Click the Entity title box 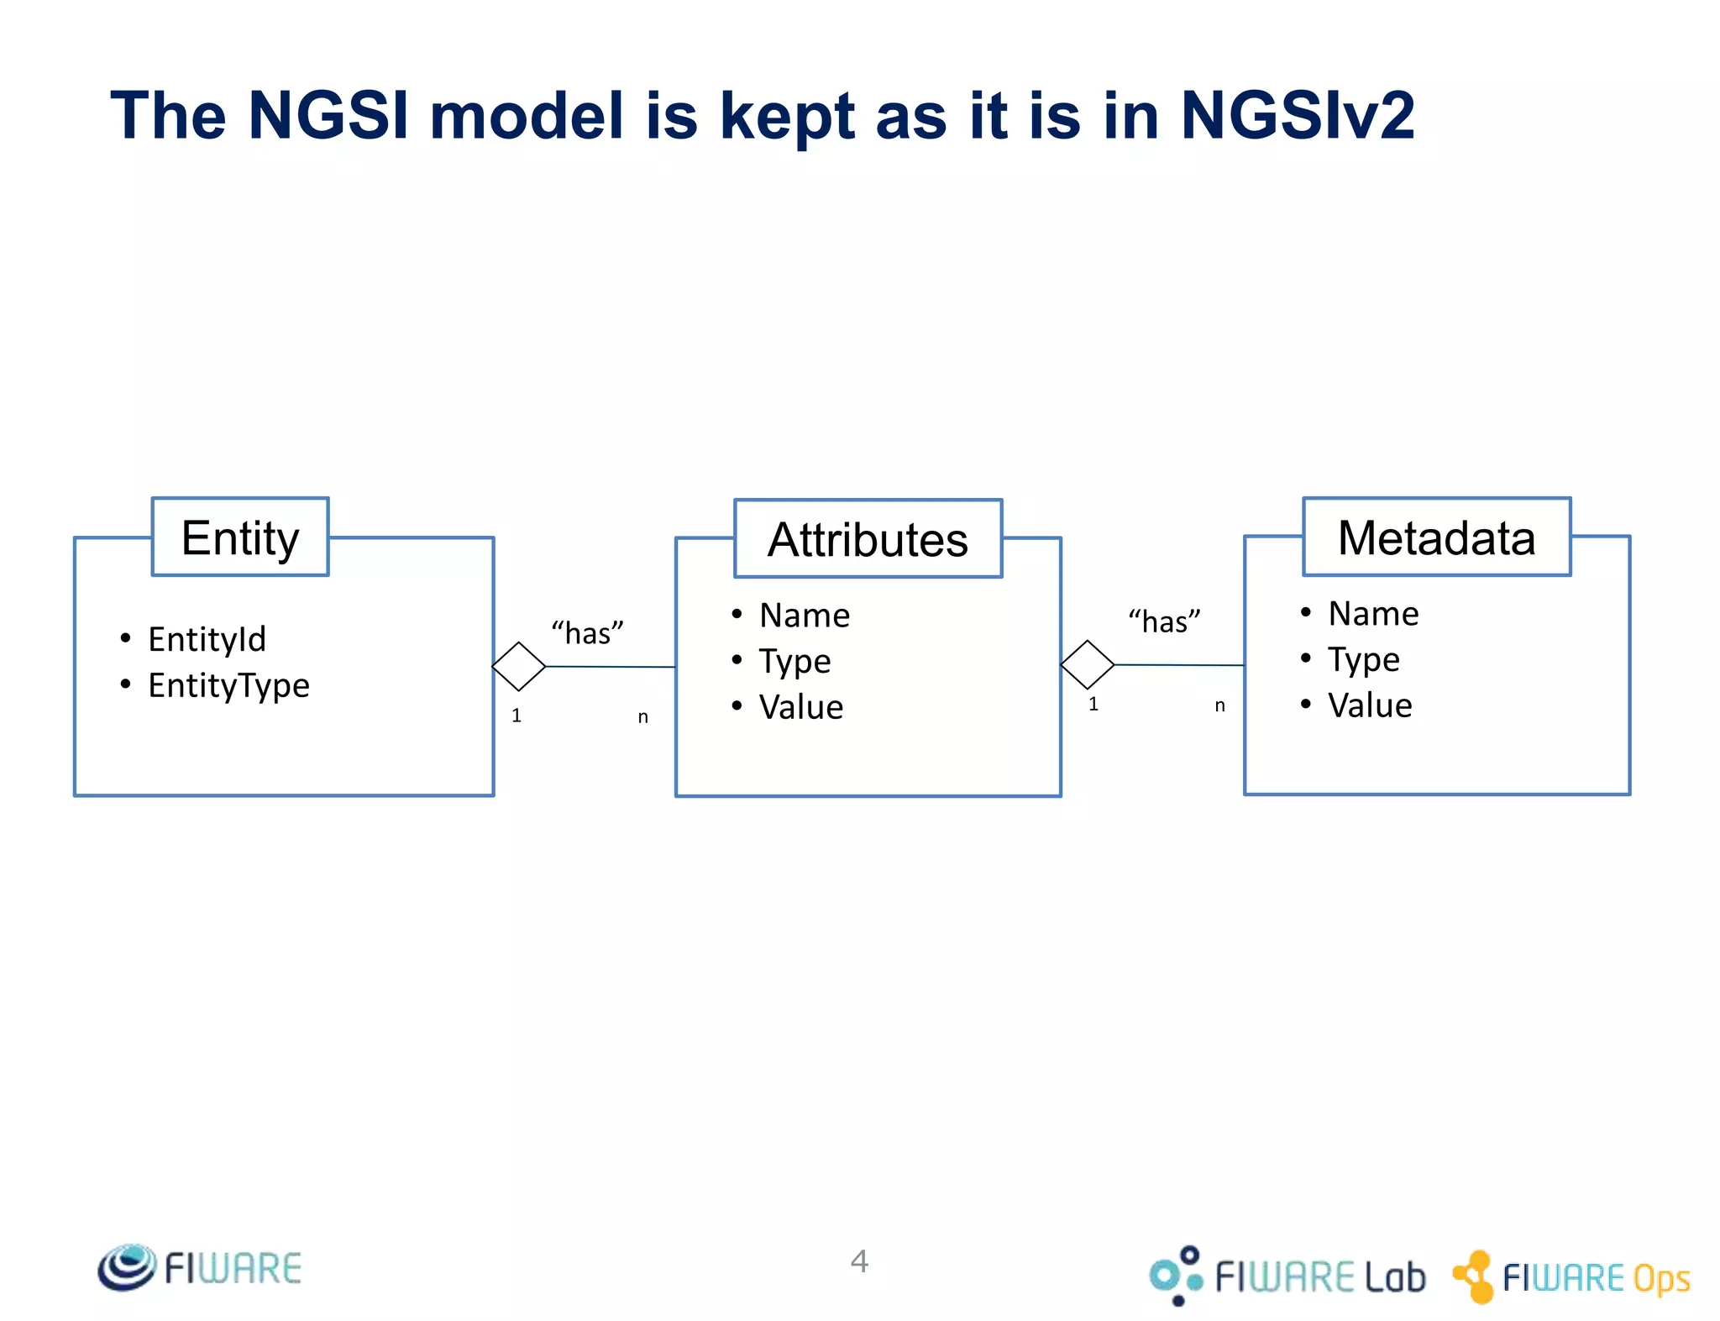pos(240,537)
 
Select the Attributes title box pos(868,539)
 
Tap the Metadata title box pos(1436,537)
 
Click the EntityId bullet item pos(207,639)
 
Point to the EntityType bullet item pos(228,685)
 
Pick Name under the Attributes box pos(804,616)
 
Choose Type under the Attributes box pos(794,662)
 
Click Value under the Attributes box pos(800,707)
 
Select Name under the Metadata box pos(1373,614)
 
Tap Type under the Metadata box pos(1363,660)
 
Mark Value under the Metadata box pos(1370,705)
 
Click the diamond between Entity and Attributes pos(519,666)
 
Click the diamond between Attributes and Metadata pos(1088,664)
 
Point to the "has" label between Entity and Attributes pos(587,632)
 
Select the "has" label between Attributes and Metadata pos(1164,621)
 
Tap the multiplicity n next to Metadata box pos(1219,705)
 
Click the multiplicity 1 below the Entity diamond pos(517,716)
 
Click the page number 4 pos(859,1261)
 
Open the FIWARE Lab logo pos(1287,1276)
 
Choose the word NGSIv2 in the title pos(1298,115)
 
